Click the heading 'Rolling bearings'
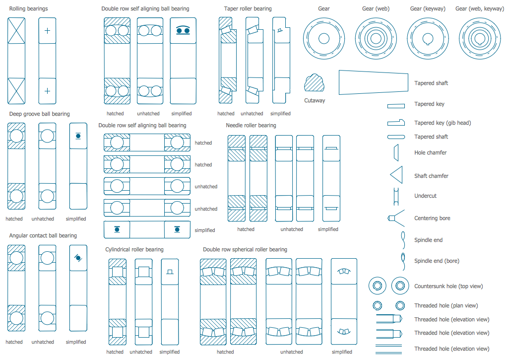click(x=29, y=9)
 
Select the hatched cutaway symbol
click(x=314, y=83)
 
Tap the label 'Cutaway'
click(x=315, y=100)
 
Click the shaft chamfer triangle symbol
click(x=396, y=175)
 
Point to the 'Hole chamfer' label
click(x=430, y=152)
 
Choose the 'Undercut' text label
click(x=425, y=196)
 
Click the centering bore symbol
click(x=392, y=218)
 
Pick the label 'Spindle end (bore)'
click(x=437, y=261)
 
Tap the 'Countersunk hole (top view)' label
click(x=448, y=286)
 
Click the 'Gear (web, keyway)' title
click(x=479, y=8)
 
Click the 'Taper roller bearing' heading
click(x=248, y=8)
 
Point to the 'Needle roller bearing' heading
click(x=251, y=125)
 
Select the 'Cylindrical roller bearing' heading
click(x=134, y=249)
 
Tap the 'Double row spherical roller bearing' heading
click(x=245, y=249)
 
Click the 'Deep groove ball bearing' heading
click(x=39, y=114)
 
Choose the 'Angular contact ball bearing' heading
click(x=43, y=235)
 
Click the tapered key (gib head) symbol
click(x=396, y=122)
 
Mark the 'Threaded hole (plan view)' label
click(x=446, y=305)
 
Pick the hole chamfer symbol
click(x=396, y=152)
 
